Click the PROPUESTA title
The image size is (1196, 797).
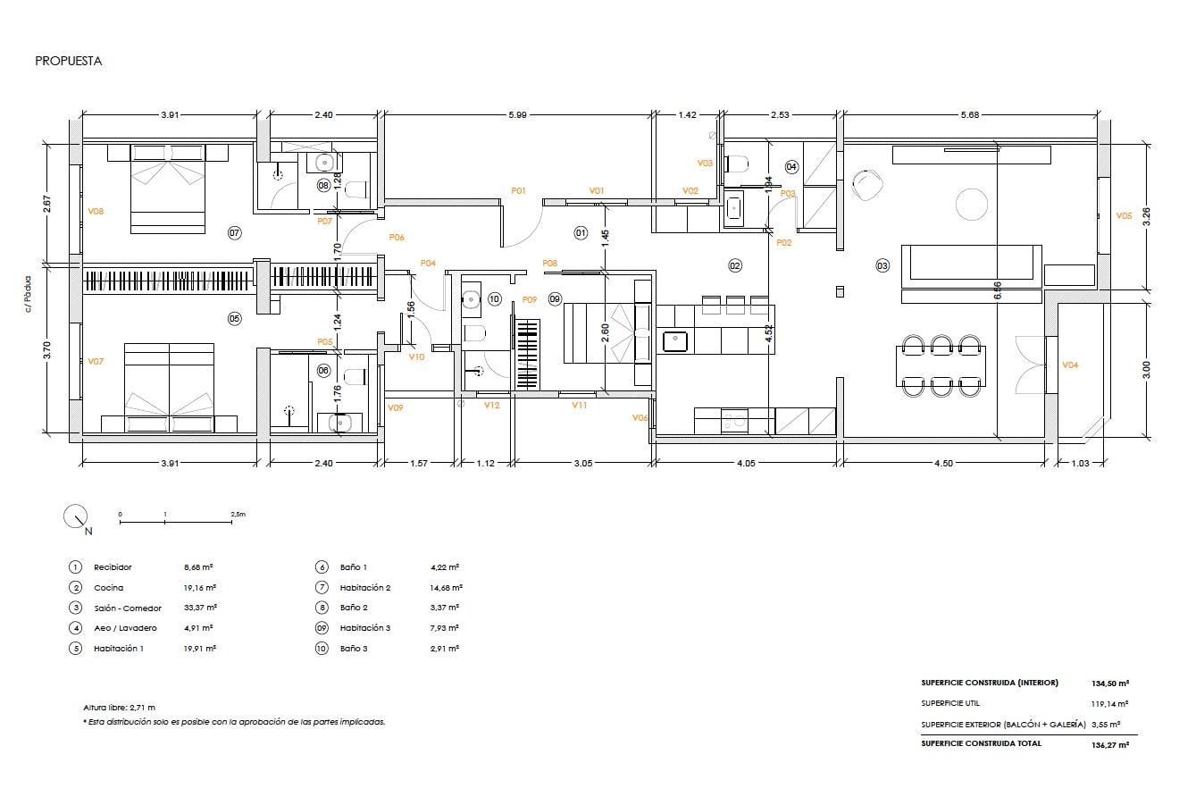[x=69, y=61]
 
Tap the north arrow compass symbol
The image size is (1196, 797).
[x=75, y=516]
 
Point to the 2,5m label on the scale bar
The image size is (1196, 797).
[x=238, y=515]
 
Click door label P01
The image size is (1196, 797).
[x=518, y=190]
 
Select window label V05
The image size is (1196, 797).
[x=1124, y=216]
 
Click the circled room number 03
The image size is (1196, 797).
[x=882, y=265]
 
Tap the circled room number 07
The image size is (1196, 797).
[x=234, y=233]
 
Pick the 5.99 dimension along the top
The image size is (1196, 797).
[x=517, y=115]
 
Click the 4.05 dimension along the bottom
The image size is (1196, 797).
[x=746, y=463]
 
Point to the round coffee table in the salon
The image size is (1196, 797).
[x=972, y=205]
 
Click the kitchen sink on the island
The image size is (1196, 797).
[x=675, y=341]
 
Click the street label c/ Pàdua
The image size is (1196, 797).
[x=28, y=294]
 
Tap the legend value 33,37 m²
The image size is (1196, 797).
[x=200, y=608]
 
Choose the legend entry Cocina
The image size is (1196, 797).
[x=108, y=588]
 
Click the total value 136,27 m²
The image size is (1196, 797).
[x=1110, y=744]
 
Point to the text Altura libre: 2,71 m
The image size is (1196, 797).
[x=119, y=708]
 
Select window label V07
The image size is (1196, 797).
[x=96, y=362]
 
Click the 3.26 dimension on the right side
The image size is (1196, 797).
[x=1146, y=216]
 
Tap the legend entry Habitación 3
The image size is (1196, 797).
[x=365, y=628]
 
